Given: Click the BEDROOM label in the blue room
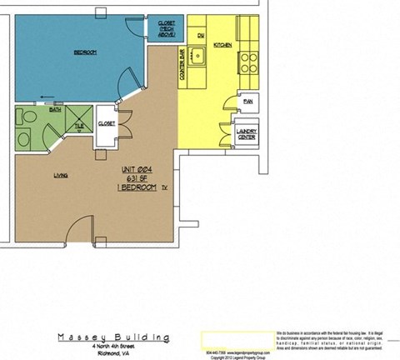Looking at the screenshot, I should pos(85,52).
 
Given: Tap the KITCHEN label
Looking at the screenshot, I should pos(222,43).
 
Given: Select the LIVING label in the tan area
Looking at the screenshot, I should pos(61,175).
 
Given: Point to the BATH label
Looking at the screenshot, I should pos(56,109).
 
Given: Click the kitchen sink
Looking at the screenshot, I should pos(199,59).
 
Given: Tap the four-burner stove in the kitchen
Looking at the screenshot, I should pos(248,60).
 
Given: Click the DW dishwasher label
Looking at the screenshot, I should pos(201,35).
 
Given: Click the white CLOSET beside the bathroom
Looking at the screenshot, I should pos(107,123).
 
